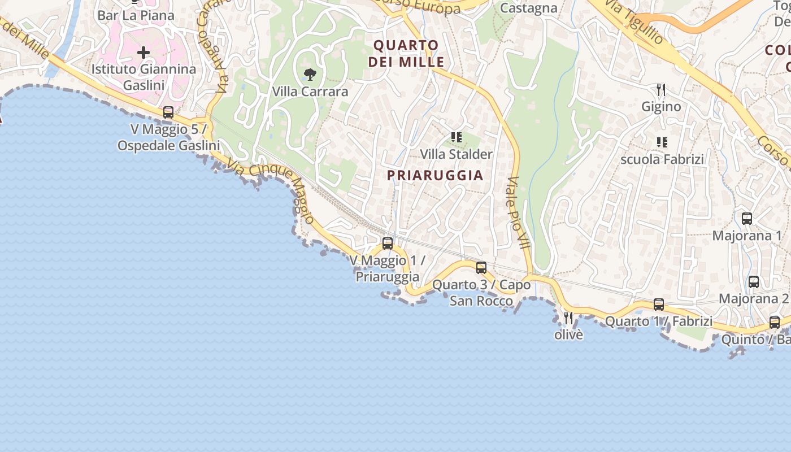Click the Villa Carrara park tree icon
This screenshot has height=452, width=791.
click(x=310, y=74)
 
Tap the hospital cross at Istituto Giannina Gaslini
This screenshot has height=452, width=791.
click(x=144, y=53)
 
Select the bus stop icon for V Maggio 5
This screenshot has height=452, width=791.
click(x=168, y=112)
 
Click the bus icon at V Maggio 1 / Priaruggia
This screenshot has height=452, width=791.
click(x=388, y=244)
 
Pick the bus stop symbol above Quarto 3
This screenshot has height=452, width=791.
click(x=481, y=267)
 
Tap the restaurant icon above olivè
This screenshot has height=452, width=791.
click(x=568, y=318)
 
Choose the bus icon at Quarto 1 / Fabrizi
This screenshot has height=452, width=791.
click(x=659, y=304)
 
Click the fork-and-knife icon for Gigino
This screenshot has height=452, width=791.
click(x=661, y=89)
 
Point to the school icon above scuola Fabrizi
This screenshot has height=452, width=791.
click(x=662, y=142)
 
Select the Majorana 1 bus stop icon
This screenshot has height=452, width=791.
click(x=747, y=218)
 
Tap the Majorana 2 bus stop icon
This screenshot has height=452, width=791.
click(x=754, y=281)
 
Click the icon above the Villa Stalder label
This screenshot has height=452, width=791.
click(x=457, y=137)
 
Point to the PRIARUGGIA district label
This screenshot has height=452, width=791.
click(x=435, y=175)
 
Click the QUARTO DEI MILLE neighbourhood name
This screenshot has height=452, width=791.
click(x=406, y=53)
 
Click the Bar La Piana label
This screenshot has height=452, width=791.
click(x=136, y=15)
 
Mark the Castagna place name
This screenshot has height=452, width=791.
click(x=529, y=8)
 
